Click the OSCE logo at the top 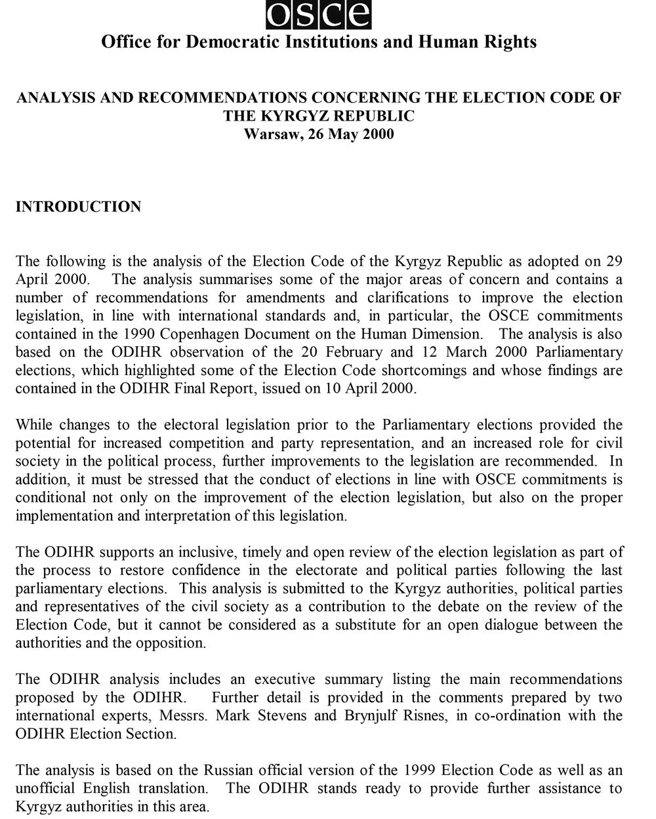pyautogui.click(x=318, y=14)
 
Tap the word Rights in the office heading pyautogui.click(x=510, y=42)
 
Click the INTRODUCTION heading pyautogui.click(x=78, y=207)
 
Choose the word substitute pyautogui.click(x=365, y=624)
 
